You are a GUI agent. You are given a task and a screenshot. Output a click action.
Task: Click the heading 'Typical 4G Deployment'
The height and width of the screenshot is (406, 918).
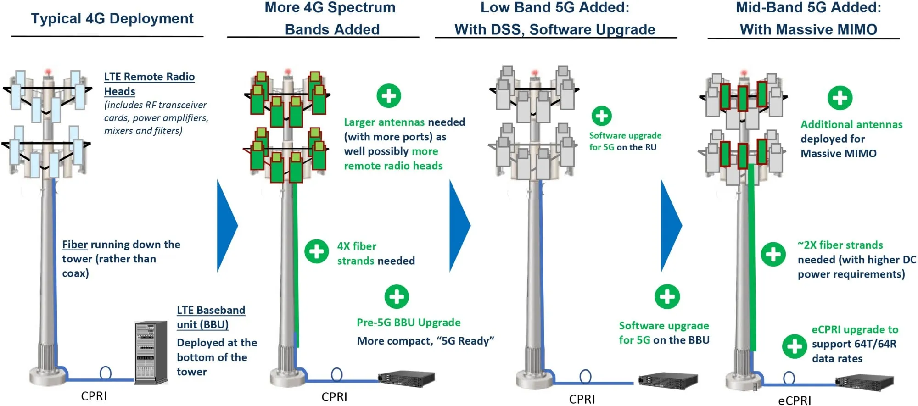[112, 19]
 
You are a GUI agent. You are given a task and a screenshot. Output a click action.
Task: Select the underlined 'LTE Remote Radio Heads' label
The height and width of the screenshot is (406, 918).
[149, 83]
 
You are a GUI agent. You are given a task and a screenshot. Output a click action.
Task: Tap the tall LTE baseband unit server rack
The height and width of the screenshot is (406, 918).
[151, 352]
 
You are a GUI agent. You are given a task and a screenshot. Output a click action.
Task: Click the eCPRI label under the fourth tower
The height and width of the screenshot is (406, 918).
[795, 400]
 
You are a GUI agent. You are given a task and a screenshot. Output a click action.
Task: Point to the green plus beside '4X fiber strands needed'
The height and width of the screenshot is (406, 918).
[316, 251]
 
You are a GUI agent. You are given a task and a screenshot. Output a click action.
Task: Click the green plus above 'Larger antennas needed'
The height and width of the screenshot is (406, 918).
[389, 96]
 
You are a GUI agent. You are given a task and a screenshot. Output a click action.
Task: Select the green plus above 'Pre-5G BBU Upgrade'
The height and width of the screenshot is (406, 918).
[397, 296]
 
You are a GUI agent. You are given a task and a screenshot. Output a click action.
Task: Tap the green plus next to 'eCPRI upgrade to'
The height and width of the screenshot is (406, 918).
[795, 346]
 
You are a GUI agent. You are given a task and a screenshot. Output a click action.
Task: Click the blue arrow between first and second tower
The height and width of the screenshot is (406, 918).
[227, 225]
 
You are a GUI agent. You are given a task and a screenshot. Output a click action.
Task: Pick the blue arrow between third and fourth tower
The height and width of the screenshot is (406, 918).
[671, 225]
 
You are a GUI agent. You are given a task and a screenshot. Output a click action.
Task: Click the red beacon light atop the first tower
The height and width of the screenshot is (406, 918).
[48, 72]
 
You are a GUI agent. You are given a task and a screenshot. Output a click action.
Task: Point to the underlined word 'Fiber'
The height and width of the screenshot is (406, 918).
[75, 245]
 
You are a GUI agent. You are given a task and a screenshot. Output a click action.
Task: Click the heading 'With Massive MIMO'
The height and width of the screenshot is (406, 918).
[808, 30]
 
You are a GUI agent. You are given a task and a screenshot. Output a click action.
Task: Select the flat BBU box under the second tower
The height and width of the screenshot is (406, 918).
[407, 378]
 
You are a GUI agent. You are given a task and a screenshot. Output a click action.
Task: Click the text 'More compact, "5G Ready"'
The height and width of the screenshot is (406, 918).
[425, 341]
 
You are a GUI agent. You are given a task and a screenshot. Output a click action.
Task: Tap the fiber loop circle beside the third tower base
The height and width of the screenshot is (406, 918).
[585, 377]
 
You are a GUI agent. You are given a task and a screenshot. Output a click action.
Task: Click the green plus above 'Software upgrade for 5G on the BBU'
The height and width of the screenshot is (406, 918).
[667, 296]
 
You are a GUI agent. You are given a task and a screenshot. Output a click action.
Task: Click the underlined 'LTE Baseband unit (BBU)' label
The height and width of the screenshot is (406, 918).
[211, 317]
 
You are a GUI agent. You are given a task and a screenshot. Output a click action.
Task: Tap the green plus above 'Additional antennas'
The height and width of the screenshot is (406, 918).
[840, 98]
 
